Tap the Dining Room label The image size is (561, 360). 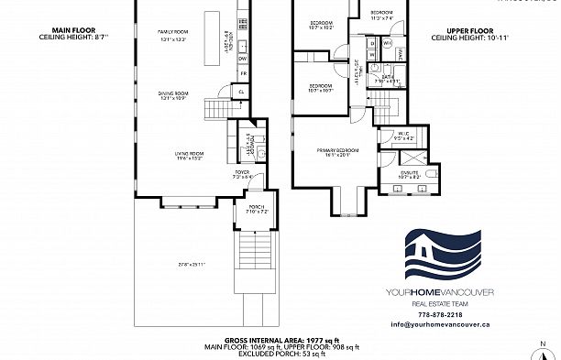[174, 95]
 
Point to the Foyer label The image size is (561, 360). [242, 173]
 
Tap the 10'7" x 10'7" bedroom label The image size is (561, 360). [321, 88]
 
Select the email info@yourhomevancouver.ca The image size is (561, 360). [445, 324]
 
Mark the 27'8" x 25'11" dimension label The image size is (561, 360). [166, 265]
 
